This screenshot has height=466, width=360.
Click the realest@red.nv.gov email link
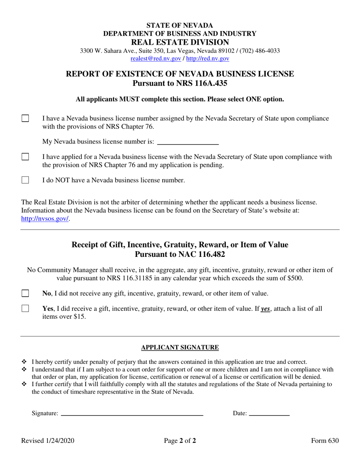click(155, 59)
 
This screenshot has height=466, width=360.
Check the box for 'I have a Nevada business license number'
click(25, 119)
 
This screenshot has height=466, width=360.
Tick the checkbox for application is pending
click(25, 157)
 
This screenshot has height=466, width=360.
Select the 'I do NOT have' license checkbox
click(25, 180)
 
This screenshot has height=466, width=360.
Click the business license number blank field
click(188, 142)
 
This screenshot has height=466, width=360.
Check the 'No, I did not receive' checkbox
click(25, 293)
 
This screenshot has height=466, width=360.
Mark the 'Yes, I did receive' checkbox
click(25, 309)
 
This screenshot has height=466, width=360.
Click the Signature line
click(132, 413)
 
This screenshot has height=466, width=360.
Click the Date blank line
click(269, 413)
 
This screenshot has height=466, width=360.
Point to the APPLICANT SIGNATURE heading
click(180, 347)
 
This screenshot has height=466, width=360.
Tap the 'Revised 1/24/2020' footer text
click(48, 441)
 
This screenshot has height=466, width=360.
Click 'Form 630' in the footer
click(325, 441)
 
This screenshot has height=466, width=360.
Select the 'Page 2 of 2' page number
click(180, 441)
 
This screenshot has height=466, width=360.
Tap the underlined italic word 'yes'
click(265, 309)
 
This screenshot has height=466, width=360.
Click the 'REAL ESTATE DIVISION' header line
click(180, 42)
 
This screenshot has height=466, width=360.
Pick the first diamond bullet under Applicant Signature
click(25, 362)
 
